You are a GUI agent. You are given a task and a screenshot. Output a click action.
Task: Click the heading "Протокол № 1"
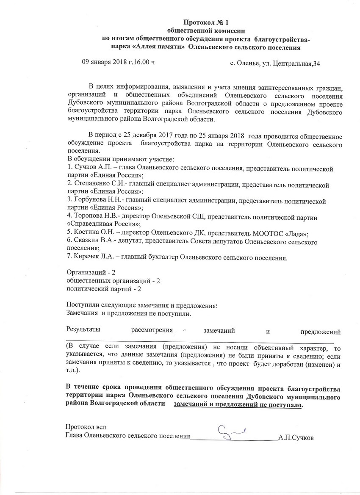click(208, 22)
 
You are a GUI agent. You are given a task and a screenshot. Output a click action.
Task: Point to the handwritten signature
click(231, 432)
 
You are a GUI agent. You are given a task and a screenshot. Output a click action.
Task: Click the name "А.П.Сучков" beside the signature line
click(296, 437)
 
